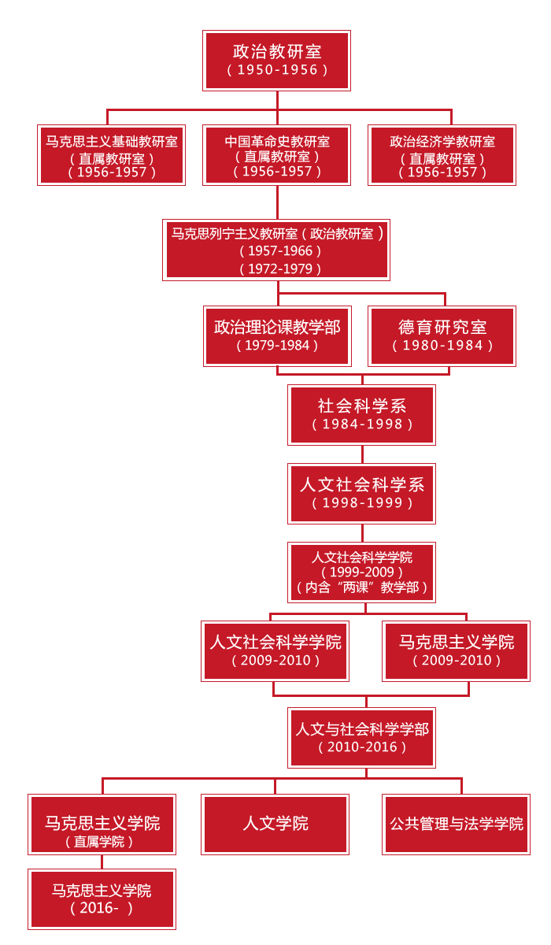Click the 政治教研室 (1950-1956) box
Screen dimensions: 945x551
(x=276, y=61)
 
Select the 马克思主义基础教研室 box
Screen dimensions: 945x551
(x=111, y=155)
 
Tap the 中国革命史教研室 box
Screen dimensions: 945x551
(x=276, y=155)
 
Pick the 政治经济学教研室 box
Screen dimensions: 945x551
(x=442, y=155)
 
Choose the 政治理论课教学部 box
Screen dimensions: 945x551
(x=276, y=335)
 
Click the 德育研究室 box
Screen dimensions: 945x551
(x=442, y=335)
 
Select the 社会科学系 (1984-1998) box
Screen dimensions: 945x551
(x=362, y=414)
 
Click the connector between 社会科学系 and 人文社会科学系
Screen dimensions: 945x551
(x=362, y=454)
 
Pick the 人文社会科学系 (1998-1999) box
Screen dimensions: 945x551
(x=362, y=493)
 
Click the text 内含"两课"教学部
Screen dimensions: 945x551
(x=362, y=587)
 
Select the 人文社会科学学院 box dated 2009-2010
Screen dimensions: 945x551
(x=275, y=650)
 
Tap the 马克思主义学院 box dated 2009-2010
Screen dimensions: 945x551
(x=456, y=650)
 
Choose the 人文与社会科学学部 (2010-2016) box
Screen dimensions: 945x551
(x=362, y=737)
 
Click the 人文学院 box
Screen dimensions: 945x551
(x=275, y=824)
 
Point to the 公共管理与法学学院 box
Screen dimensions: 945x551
(x=456, y=824)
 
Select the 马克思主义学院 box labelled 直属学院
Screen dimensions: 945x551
(x=102, y=824)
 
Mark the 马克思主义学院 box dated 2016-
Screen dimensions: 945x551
(x=102, y=899)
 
